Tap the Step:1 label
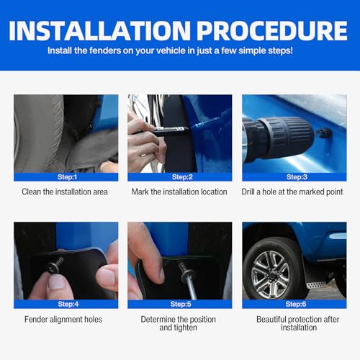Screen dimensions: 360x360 coord(66,177)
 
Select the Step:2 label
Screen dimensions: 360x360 coord(179,177)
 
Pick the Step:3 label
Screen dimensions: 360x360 coord(294,177)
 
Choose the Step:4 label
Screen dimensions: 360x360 coord(66,304)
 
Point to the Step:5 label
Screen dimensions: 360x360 coord(179,304)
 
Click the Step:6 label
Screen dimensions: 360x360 coord(294,304)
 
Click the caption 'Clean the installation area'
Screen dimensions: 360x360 coord(66,192)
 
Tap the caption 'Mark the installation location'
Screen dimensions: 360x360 coord(179,192)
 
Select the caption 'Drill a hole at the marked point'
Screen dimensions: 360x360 coord(294,192)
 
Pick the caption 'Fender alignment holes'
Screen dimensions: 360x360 coord(66,319)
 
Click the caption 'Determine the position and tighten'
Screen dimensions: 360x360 coord(179,323)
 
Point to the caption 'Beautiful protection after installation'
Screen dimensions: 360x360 coord(294,323)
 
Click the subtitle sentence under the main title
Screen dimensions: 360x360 coord(179,52)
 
